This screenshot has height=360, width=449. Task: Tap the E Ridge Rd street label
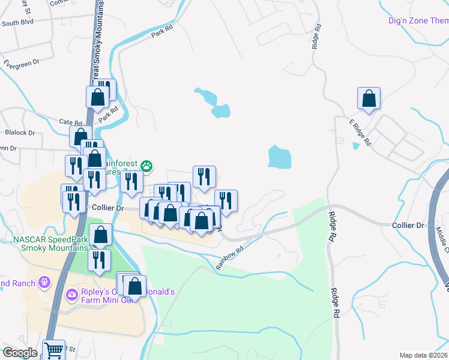pyautogui.click(x=360, y=133)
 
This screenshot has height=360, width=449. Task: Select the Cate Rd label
pyautogui.click(x=70, y=121)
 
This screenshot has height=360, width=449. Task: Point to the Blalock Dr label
pyautogui.click(x=19, y=133)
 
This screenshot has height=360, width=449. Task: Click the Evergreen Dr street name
pyautogui.click(x=20, y=62)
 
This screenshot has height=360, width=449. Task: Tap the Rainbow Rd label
pyautogui.click(x=231, y=257)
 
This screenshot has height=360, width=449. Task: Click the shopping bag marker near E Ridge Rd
pyautogui.click(x=369, y=99)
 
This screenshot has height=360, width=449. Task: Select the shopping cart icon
pyautogui.click(x=53, y=349)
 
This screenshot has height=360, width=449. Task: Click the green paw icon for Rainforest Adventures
pyautogui.click(x=146, y=165)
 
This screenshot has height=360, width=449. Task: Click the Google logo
pyautogui.click(x=20, y=353)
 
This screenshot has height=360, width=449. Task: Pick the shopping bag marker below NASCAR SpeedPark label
pyautogui.click(x=101, y=235)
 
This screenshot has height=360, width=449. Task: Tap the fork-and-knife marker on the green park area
pyautogui.click(x=98, y=260)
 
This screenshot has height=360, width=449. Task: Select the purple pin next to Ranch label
pyautogui.click(x=43, y=281)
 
